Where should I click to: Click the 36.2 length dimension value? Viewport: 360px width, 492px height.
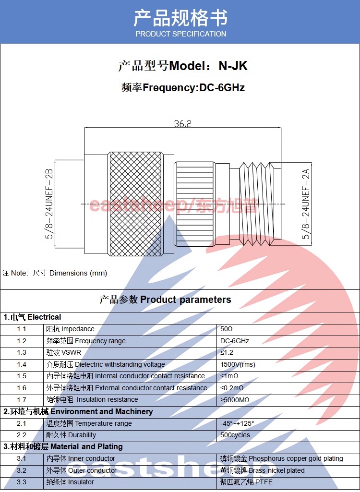click(x=183, y=123)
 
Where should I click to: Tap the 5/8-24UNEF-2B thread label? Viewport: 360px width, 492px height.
click(x=49, y=204)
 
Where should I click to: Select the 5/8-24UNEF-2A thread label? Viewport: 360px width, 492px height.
click(x=306, y=204)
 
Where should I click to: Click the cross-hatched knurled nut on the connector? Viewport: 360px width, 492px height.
click(x=135, y=204)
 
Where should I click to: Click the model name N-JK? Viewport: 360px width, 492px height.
click(x=233, y=66)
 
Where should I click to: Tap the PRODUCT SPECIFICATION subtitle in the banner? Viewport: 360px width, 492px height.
click(x=181, y=34)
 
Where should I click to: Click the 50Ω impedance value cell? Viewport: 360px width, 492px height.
click(x=226, y=329)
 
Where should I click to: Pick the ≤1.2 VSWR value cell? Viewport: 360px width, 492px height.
click(x=227, y=352)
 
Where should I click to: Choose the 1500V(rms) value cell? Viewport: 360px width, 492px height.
click(x=238, y=364)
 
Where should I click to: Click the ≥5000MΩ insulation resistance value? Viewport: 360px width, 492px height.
click(x=235, y=400)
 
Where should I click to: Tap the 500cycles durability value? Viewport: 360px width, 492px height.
click(x=235, y=435)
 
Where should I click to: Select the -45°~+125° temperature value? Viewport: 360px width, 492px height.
click(x=237, y=423)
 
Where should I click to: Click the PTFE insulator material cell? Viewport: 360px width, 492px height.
click(x=246, y=482)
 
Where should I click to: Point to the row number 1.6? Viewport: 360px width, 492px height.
click(x=21, y=388)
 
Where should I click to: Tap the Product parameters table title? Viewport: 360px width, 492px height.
click(x=165, y=300)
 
